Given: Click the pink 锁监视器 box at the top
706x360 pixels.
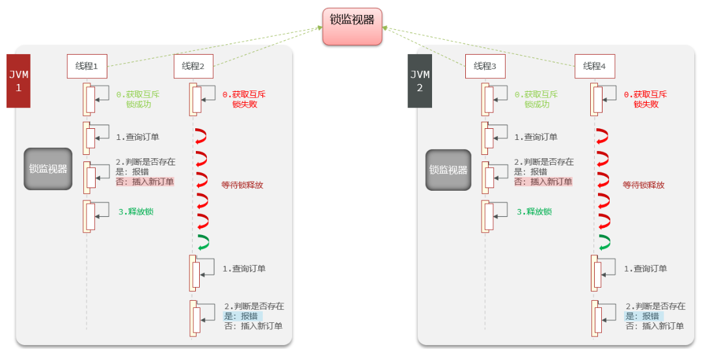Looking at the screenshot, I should (x=352, y=26).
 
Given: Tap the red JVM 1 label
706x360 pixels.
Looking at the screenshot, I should (x=19, y=81).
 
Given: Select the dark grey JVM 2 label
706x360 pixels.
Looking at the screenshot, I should (x=420, y=81).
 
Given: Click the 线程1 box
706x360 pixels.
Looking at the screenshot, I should (x=87, y=66).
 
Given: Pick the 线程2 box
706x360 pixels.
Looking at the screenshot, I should (x=193, y=66).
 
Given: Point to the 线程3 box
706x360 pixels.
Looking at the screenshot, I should (x=485, y=66).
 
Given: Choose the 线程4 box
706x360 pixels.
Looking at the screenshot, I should (x=595, y=66).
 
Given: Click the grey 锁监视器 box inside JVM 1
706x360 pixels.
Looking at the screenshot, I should (x=48, y=169).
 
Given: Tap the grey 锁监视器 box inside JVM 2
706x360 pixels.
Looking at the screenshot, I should (x=449, y=170).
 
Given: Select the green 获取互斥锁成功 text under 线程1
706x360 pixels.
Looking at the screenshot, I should (x=138, y=99).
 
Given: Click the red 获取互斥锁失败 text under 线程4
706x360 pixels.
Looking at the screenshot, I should (x=645, y=99).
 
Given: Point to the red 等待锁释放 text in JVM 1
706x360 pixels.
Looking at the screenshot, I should (x=242, y=185).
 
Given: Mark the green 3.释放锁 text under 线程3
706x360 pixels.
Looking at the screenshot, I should (x=534, y=212).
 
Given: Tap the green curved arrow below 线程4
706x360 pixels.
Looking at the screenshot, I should (x=604, y=242).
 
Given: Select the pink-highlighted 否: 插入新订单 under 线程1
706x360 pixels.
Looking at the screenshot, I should (x=144, y=182).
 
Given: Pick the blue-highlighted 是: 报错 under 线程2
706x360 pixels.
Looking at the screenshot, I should (x=243, y=316).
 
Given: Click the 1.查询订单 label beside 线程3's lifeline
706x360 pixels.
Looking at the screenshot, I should (x=536, y=137).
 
